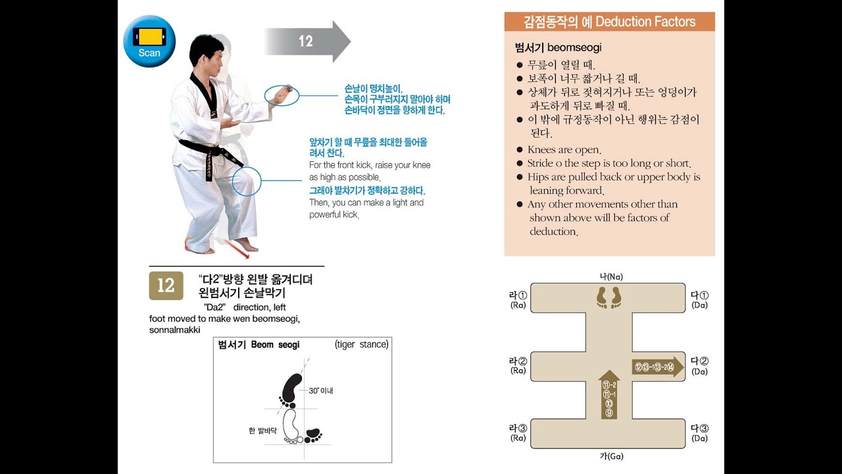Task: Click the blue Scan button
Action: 149,41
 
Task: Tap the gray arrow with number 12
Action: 307,41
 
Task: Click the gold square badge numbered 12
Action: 166,285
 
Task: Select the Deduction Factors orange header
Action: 609,22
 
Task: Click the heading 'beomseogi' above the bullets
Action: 558,47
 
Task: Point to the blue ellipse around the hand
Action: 282,95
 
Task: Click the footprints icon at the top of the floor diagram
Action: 608,297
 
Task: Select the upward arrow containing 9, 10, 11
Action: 609,395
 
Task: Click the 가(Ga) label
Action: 610,456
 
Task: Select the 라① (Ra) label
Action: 518,300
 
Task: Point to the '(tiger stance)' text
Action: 361,344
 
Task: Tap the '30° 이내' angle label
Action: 321,390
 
